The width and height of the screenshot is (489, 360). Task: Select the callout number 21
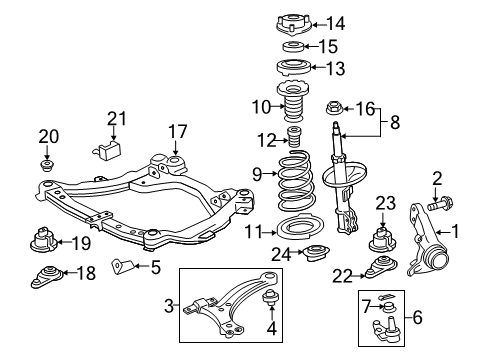pos(119,121)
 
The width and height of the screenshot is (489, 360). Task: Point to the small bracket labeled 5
pos(121,266)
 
